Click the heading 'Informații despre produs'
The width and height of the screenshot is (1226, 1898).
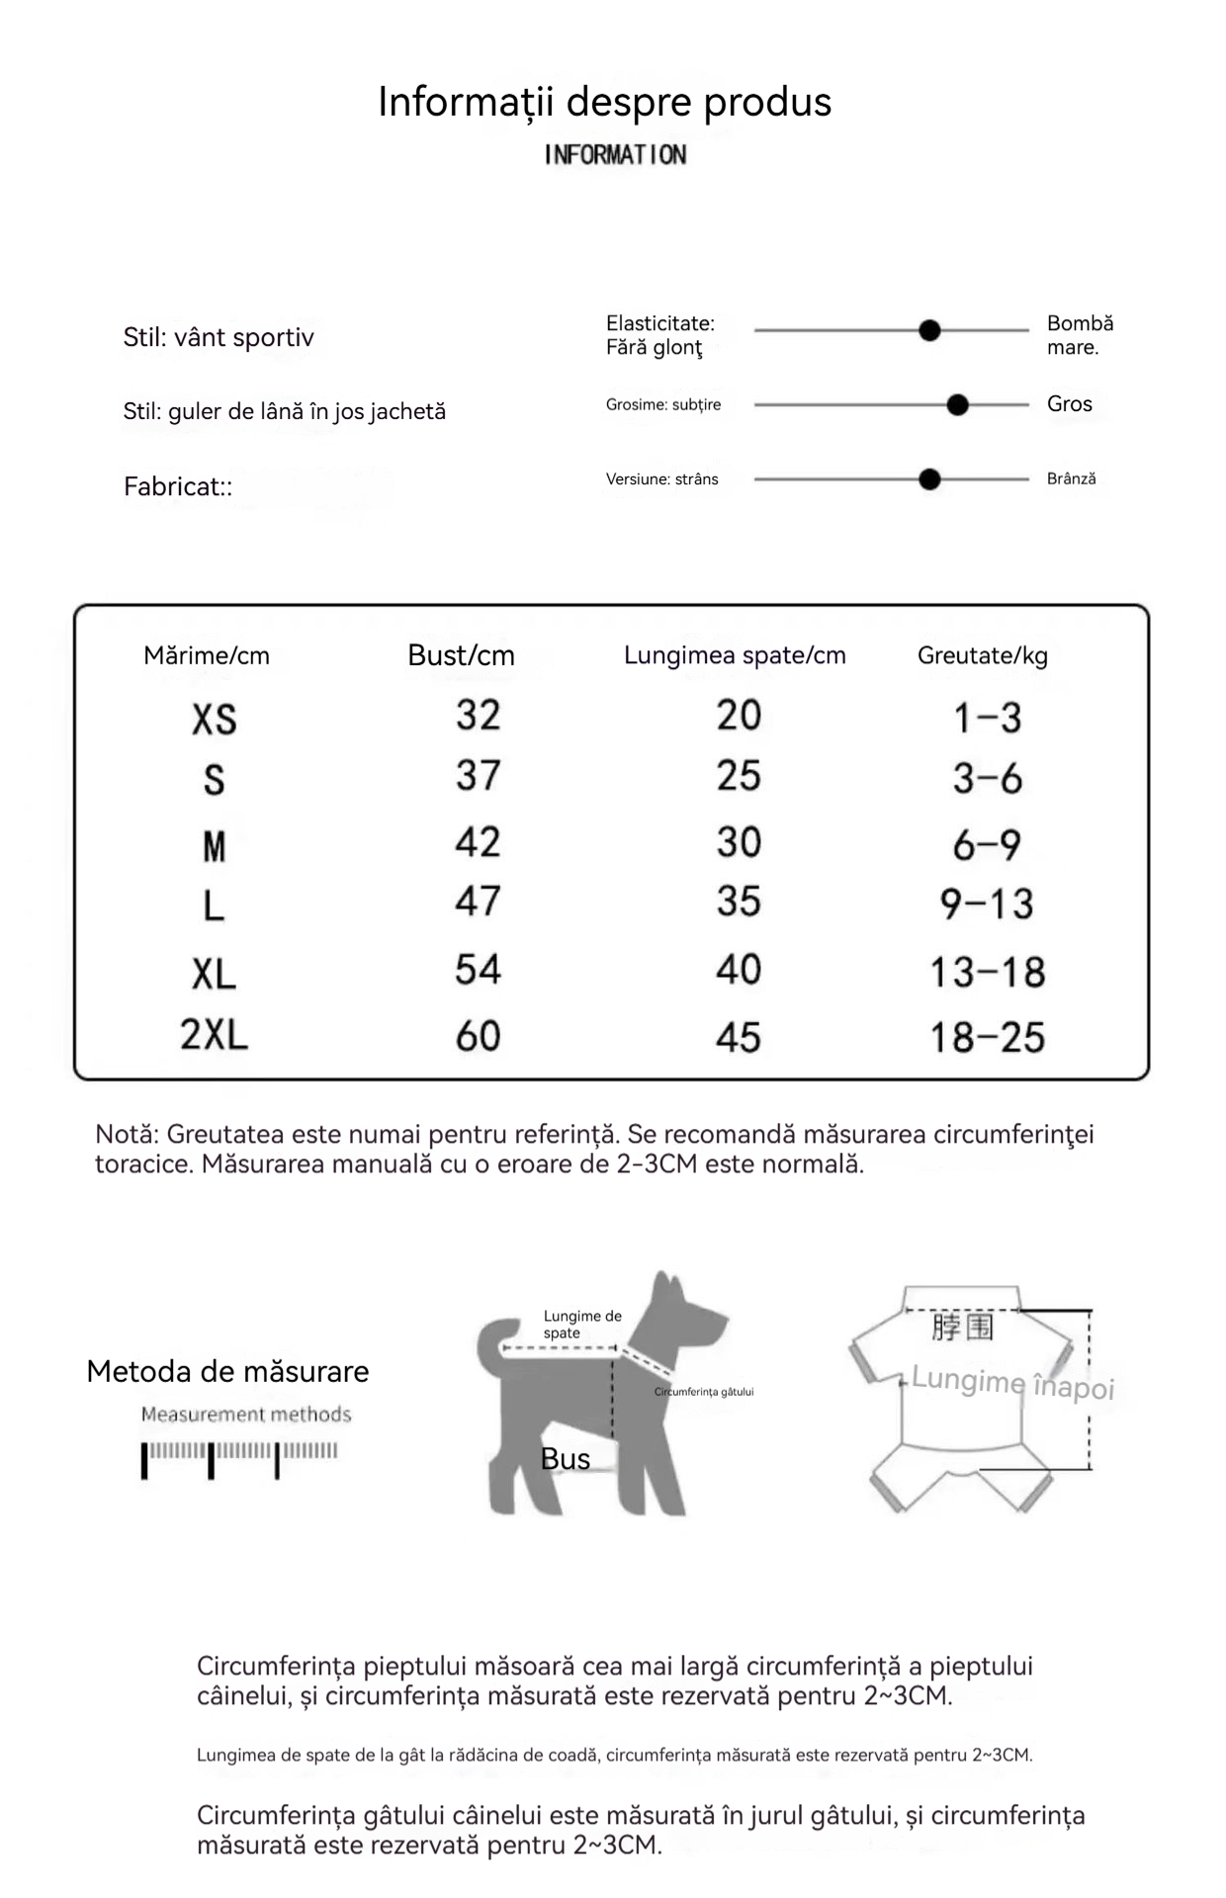(x=604, y=102)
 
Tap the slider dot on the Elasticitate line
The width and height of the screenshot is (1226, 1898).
(x=929, y=330)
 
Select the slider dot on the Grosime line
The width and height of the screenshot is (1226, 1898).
(x=957, y=404)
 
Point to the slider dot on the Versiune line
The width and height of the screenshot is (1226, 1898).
(x=929, y=479)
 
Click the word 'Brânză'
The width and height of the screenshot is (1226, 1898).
(x=1071, y=478)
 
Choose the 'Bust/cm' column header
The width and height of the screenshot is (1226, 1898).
(x=461, y=655)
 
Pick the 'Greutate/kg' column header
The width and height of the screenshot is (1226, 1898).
(x=982, y=655)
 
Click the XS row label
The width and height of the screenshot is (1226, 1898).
(x=215, y=720)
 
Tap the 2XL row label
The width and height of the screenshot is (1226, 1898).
(x=214, y=1035)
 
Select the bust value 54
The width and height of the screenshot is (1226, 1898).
(x=478, y=970)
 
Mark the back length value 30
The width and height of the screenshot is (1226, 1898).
(x=739, y=842)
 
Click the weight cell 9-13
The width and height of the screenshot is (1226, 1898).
(x=986, y=904)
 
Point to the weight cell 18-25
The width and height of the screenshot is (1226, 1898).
(x=987, y=1037)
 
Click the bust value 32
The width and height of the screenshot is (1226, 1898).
(x=478, y=715)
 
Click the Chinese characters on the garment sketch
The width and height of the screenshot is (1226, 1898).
(x=961, y=1327)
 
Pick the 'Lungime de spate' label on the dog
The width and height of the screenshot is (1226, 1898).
(x=582, y=1324)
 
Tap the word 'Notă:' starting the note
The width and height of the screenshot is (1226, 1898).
(x=128, y=1134)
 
